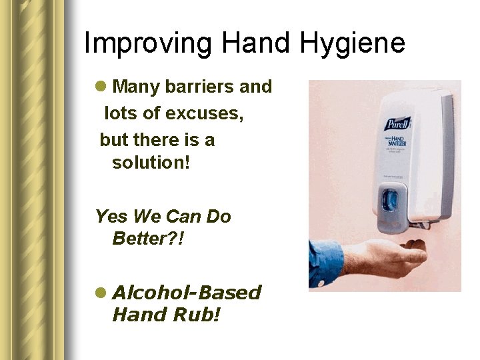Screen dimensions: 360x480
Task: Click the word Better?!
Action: [x=148, y=238]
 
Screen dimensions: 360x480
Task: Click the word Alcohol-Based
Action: [x=187, y=293]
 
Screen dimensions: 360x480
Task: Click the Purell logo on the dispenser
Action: [x=397, y=124]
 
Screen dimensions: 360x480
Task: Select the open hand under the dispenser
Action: [x=393, y=256]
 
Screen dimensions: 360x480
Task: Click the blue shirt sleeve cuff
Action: [x=327, y=261]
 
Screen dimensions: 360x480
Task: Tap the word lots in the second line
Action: [x=121, y=114]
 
